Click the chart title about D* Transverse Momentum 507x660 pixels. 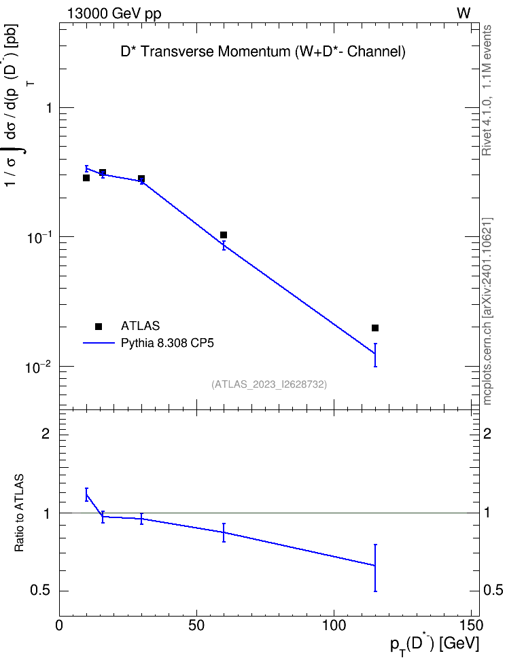pyautogui.click(x=263, y=52)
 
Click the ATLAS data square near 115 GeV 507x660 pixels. pyautogui.click(x=375, y=328)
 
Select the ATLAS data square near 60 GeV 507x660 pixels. pyautogui.click(x=224, y=235)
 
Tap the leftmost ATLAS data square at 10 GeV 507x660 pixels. pyautogui.click(x=86, y=178)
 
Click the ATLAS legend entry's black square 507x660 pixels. pyautogui.click(x=99, y=326)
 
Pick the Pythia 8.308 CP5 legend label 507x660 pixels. pyautogui.click(x=167, y=343)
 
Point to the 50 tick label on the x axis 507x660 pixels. pyautogui.click(x=196, y=625)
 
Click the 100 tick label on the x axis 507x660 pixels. pyautogui.click(x=334, y=625)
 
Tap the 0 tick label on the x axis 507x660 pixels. pyautogui.click(x=59, y=625)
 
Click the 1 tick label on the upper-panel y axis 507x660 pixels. pyautogui.click(x=50, y=108)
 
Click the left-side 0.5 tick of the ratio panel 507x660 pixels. pyautogui.click(x=40, y=591)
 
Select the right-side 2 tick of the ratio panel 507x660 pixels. pyautogui.click(x=487, y=433)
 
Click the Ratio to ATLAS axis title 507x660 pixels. pyautogui.click(x=19, y=513)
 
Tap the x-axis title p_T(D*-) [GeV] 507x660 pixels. pyautogui.click(x=434, y=644)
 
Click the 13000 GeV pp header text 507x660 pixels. pyautogui.click(x=114, y=14)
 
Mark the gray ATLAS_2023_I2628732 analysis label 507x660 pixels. pyautogui.click(x=269, y=384)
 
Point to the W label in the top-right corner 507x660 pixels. pyautogui.click(x=464, y=14)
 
